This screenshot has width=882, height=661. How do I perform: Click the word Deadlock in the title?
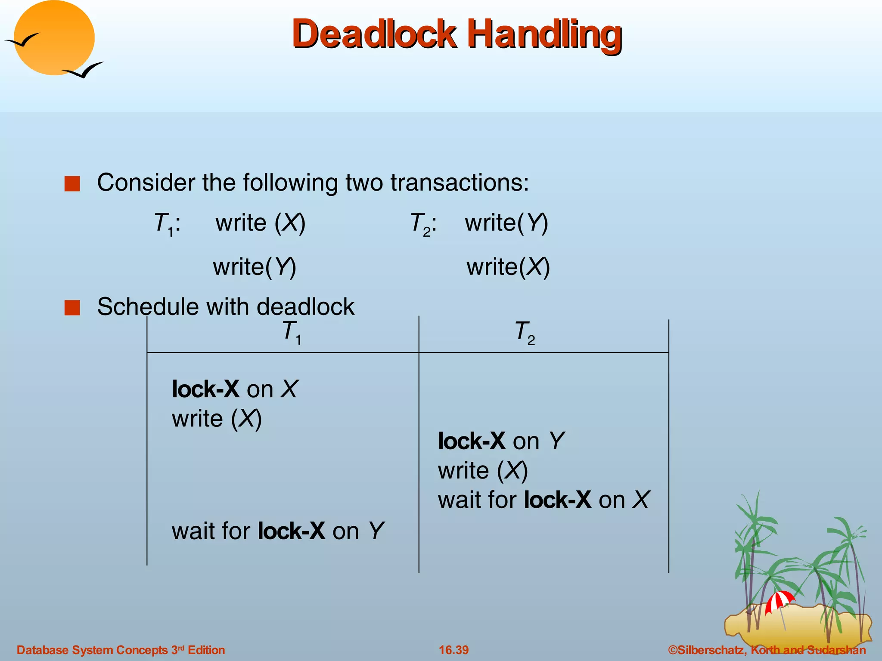374,34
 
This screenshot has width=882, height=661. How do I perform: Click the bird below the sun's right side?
84,70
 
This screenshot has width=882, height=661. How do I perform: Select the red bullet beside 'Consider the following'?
72,184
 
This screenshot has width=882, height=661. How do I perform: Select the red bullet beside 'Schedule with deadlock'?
72,308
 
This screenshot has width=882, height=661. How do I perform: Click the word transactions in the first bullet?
460,182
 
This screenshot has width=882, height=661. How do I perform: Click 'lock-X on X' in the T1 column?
234,389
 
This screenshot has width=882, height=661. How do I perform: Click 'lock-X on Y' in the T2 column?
501,441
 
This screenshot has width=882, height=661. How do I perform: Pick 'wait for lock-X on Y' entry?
277,531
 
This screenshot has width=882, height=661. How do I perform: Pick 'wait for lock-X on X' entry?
543,500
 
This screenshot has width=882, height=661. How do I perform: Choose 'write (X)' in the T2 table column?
482,470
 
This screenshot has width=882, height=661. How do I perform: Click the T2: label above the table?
423,224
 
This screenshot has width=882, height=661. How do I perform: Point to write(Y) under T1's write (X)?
255,267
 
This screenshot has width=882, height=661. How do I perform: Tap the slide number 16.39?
453,650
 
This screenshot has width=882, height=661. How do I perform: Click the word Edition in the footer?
206,650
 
